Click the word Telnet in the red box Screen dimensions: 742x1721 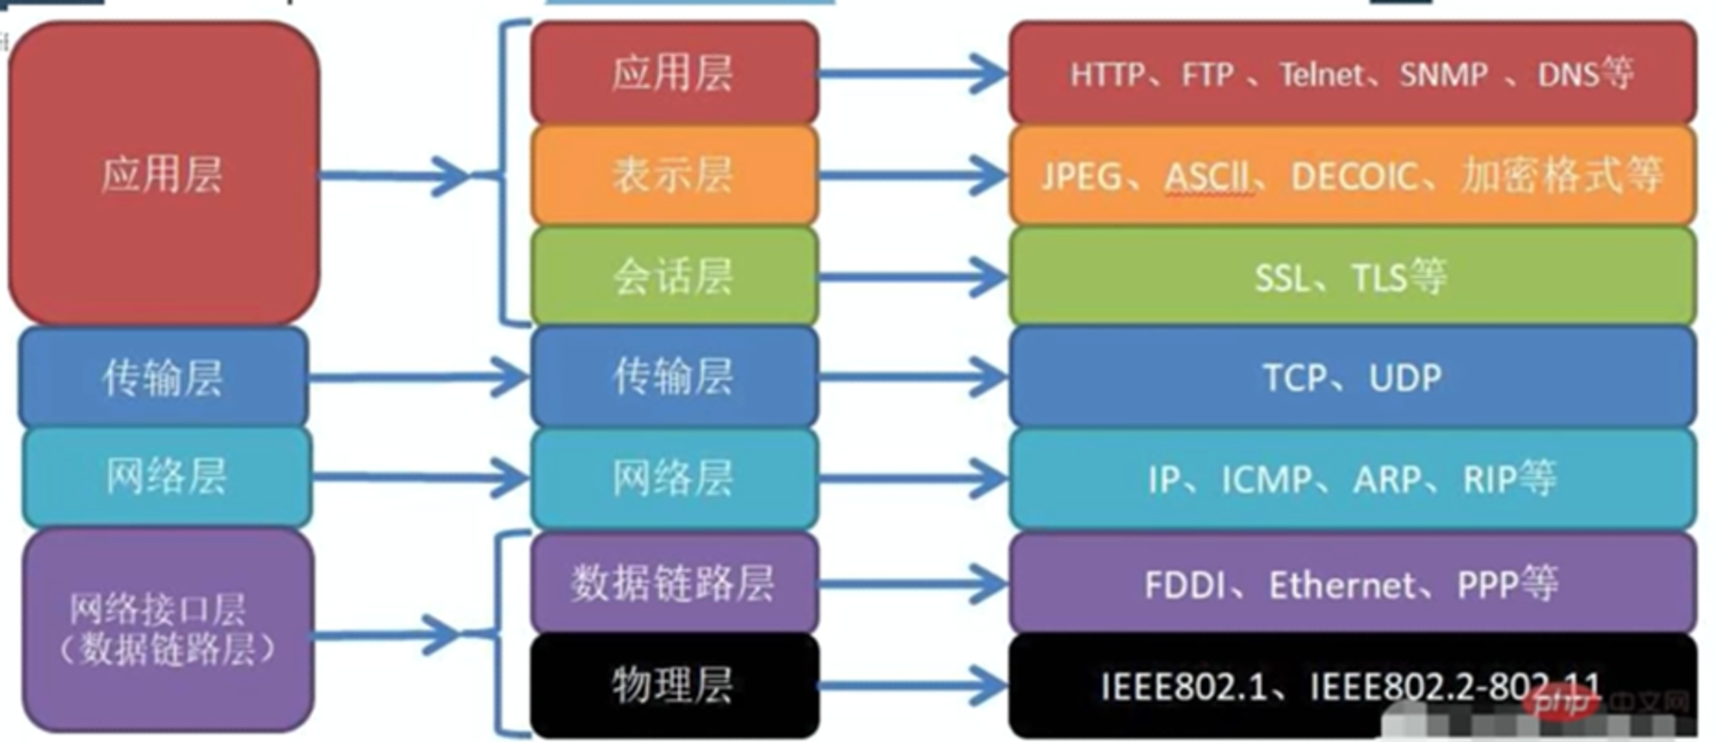click(x=1321, y=75)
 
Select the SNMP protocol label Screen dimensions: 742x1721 click(x=1443, y=75)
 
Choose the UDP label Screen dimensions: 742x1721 click(x=1405, y=378)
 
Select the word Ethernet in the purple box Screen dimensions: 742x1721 click(x=1342, y=585)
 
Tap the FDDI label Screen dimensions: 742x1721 click(x=1185, y=585)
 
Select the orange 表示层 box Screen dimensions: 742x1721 click(x=674, y=176)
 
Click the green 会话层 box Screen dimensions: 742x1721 click(x=674, y=277)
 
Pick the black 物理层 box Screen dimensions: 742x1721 click(x=674, y=686)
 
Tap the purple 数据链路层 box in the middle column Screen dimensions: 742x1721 click(x=674, y=584)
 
